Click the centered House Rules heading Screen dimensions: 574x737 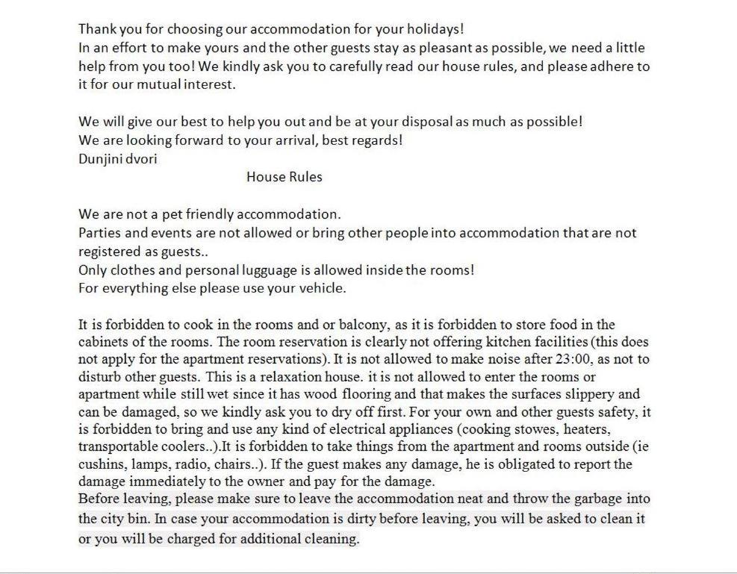coord(284,177)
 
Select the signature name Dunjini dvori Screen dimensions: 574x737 coord(118,158)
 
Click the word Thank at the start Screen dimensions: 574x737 coord(95,29)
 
